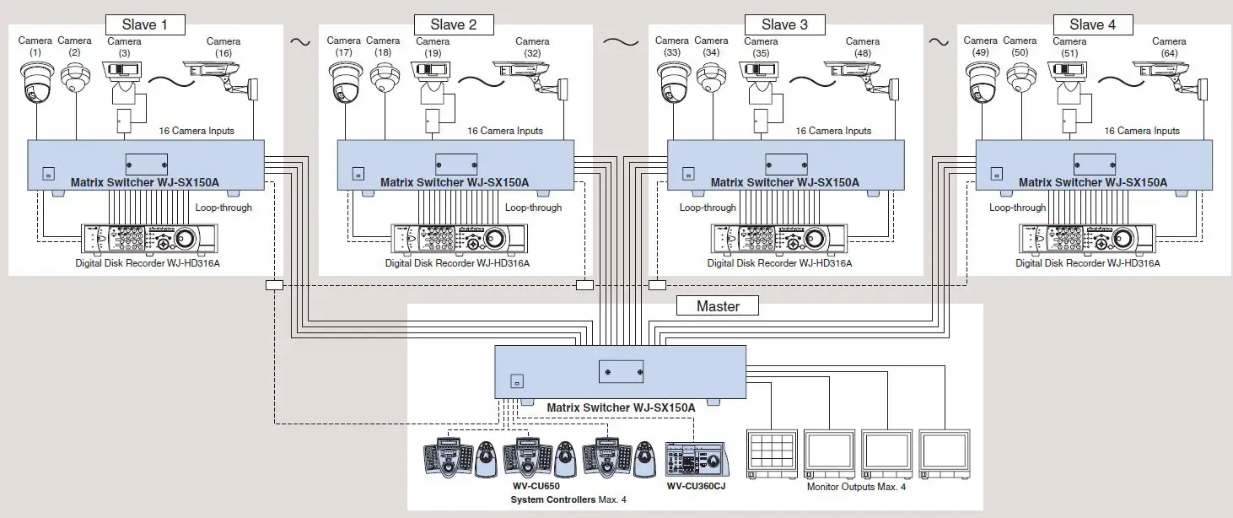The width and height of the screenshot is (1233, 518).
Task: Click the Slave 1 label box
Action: click(x=145, y=24)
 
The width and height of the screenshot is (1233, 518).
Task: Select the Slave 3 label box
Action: click(x=783, y=24)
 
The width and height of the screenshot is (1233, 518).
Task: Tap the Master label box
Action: click(x=717, y=306)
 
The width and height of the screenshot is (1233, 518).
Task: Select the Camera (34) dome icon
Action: click(x=711, y=78)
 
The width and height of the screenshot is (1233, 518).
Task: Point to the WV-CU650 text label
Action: click(x=536, y=487)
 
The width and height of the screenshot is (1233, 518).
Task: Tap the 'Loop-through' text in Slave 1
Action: click(x=223, y=208)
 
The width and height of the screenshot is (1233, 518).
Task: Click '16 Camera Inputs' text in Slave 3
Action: click(x=833, y=131)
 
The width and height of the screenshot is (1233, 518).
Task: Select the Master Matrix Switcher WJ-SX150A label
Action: click(x=621, y=407)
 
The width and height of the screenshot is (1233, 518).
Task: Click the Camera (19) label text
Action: click(x=433, y=46)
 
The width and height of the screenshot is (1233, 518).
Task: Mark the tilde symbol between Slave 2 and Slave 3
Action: click(x=621, y=40)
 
